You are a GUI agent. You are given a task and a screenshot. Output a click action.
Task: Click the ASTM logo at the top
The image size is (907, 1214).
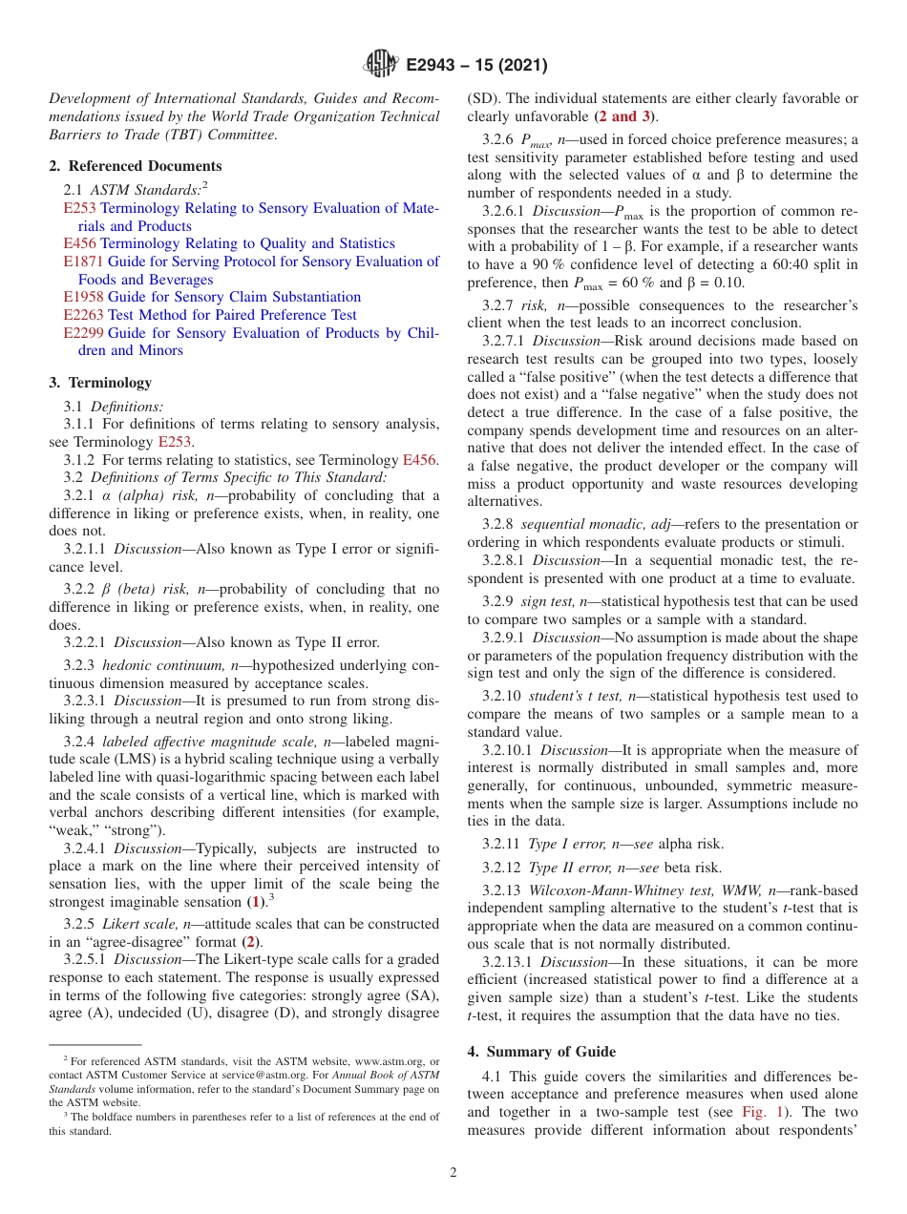pyautogui.click(x=380, y=65)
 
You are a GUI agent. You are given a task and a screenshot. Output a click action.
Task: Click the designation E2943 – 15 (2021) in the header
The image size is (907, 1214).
pyautogui.click(x=476, y=66)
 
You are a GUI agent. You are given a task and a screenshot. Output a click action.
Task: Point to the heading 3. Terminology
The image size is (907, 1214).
pyautogui.click(x=100, y=383)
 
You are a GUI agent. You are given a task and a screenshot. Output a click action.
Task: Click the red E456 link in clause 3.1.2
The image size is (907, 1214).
pyautogui.click(x=419, y=460)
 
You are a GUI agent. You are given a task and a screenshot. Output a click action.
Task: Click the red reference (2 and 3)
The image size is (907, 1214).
pyautogui.click(x=624, y=116)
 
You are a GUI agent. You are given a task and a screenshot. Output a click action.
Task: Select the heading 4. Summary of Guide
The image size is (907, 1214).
pyautogui.click(x=541, y=1052)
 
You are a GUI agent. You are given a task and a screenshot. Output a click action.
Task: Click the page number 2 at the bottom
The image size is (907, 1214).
pyautogui.click(x=453, y=1173)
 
